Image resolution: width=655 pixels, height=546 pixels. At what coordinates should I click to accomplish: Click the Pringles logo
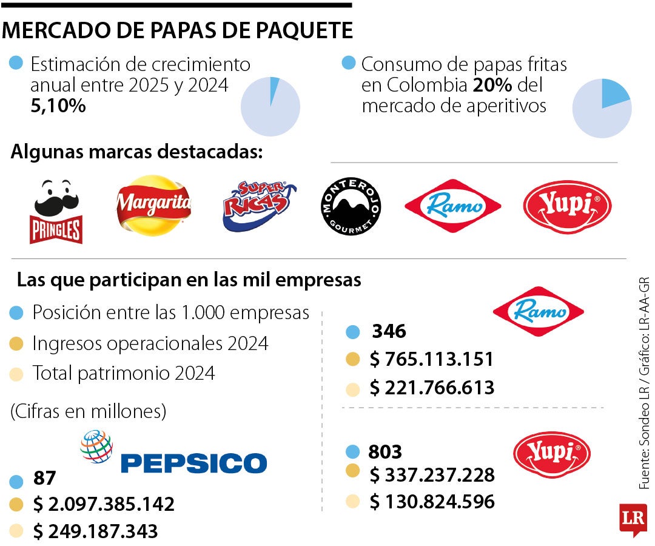point(56,212)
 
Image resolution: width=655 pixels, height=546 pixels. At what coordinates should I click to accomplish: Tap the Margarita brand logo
point(153,206)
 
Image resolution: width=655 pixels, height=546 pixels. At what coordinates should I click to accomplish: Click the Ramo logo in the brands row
point(452,206)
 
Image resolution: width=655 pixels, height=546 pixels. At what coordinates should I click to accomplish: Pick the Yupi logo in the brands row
point(567,207)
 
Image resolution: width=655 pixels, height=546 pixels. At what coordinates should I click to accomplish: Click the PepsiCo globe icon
point(96,447)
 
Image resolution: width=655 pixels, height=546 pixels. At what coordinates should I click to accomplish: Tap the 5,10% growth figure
point(58,106)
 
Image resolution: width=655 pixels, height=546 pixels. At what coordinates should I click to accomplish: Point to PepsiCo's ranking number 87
point(44,478)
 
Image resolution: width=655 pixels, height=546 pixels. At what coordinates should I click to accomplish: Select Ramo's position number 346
point(389,332)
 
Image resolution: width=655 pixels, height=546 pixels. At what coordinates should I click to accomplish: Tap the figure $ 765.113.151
point(431,359)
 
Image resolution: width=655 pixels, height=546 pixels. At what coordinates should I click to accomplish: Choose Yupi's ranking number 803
point(385,452)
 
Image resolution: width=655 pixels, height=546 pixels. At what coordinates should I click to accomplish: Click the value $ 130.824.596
point(432,502)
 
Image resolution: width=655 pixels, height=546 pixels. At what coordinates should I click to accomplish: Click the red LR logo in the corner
point(633,519)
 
